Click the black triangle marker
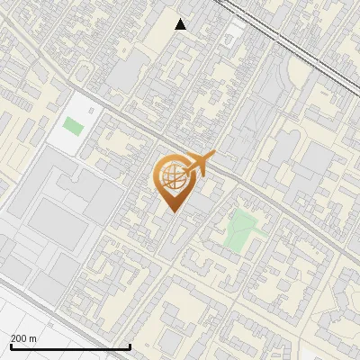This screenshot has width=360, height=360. (x=181, y=24)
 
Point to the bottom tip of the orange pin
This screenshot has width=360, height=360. (x=173, y=213)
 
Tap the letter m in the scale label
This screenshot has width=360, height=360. (x=33, y=338)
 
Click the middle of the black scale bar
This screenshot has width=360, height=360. (x=70, y=346)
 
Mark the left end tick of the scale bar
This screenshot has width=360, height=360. (x=11, y=346)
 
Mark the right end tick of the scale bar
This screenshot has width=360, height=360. (x=130, y=346)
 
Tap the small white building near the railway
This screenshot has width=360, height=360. (x=235, y=30)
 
